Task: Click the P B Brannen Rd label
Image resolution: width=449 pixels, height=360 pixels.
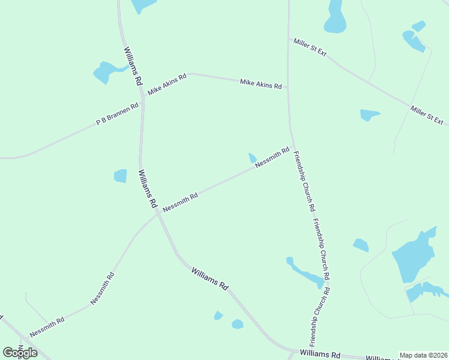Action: pyautogui.click(x=118, y=114)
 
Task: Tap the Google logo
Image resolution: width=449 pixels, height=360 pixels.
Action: pyautogui.click(x=20, y=353)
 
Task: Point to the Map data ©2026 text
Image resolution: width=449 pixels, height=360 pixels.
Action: pyautogui.click(x=423, y=355)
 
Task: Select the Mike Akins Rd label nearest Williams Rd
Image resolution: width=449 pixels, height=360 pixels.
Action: pyautogui.click(x=167, y=84)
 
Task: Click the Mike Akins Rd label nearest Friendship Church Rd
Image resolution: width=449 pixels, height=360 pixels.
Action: pyautogui.click(x=261, y=83)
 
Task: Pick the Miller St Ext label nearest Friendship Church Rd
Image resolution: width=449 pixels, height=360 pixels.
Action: pyautogui.click(x=310, y=47)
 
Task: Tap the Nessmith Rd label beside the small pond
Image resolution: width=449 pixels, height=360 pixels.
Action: pyautogui.click(x=272, y=157)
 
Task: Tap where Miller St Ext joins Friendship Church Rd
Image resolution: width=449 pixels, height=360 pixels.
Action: pyautogui.click(x=289, y=38)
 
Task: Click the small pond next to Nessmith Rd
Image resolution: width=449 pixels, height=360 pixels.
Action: pyautogui.click(x=253, y=158)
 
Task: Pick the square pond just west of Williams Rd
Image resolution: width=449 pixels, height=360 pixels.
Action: pyautogui.click(x=121, y=176)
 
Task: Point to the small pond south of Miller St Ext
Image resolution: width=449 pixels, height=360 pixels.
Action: pyautogui.click(x=369, y=114)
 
